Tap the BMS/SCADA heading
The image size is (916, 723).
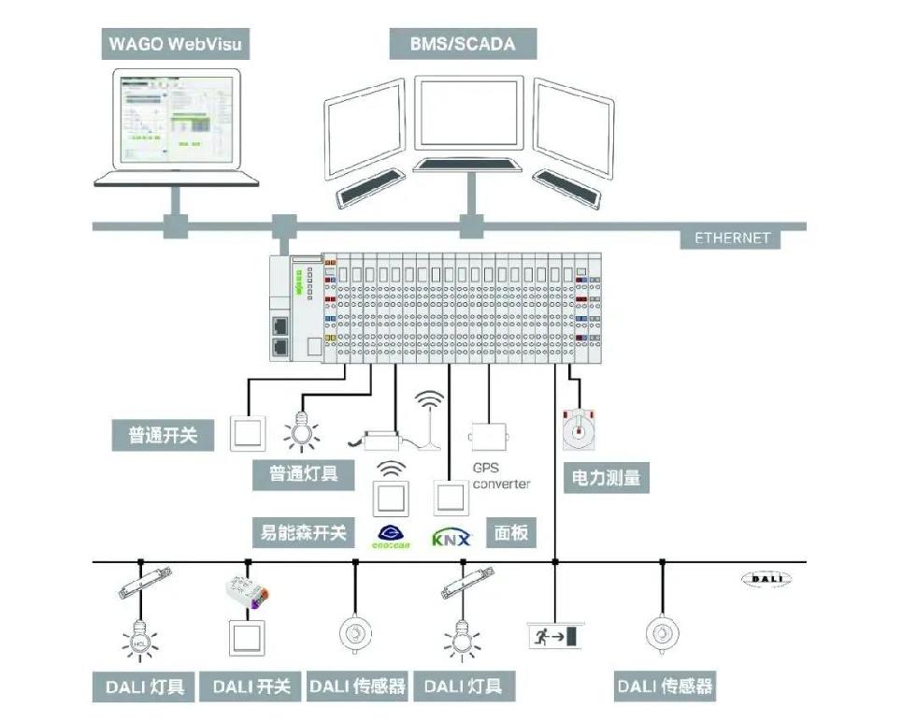(x=463, y=44)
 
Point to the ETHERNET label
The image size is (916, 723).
(x=732, y=238)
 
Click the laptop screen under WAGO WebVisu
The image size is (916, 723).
(x=176, y=120)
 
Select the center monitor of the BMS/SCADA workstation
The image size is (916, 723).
(x=468, y=113)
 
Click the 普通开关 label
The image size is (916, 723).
(x=165, y=434)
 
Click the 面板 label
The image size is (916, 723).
(x=511, y=533)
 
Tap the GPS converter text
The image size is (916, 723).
(x=501, y=476)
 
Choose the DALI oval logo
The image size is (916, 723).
(x=766, y=580)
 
